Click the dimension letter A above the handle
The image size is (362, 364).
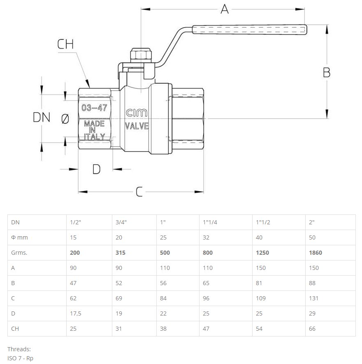coord(224,9)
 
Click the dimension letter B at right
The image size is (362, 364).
coord(326,72)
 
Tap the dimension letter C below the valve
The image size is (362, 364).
coord(139,191)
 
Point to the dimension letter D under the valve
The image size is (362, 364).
coord(96,169)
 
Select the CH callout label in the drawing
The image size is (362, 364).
coord(65,44)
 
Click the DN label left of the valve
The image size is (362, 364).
coord(41,117)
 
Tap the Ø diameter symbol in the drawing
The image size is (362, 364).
coord(65,119)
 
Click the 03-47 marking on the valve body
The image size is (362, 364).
coord(94,108)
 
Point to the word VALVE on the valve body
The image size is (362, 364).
coord(137,126)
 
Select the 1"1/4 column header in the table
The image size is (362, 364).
coord(210,222)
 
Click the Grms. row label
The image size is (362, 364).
coord(19,253)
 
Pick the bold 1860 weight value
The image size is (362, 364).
coord(315,253)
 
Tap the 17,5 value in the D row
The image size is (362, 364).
coord(76,313)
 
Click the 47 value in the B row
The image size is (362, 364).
coord(73,283)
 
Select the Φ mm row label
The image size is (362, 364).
coord(19,237)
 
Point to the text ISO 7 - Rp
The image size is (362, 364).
coord(20,358)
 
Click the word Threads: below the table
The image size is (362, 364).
coord(19,349)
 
